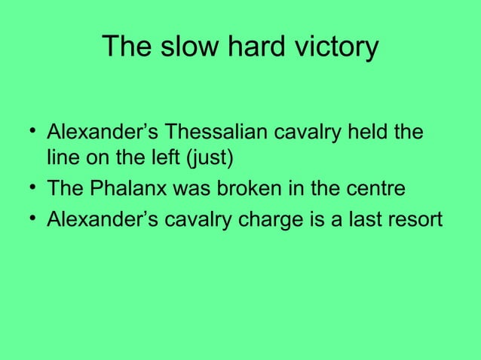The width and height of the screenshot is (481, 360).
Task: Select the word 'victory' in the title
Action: click(x=331, y=47)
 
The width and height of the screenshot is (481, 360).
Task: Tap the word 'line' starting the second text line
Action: click(x=60, y=160)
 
